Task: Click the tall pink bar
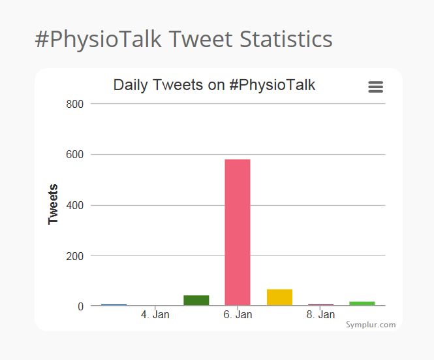click(238, 232)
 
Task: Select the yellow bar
click(279, 297)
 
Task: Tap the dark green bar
click(196, 301)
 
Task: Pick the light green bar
click(362, 303)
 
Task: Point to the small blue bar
click(114, 304)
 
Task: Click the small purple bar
click(321, 304)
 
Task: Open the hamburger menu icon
click(375, 87)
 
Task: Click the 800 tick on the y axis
click(76, 104)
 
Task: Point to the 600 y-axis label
click(76, 155)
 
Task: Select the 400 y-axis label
click(76, 205)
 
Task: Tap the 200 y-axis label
click(76, 256)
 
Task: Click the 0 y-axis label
click(81, 306)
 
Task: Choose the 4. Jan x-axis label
click(155, 315)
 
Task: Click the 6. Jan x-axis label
click(238, 315)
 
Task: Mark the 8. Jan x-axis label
click(320, 315)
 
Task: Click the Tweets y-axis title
click(54, 204)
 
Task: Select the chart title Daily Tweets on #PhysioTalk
click(214, 85)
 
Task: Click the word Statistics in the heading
click(286, 39)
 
